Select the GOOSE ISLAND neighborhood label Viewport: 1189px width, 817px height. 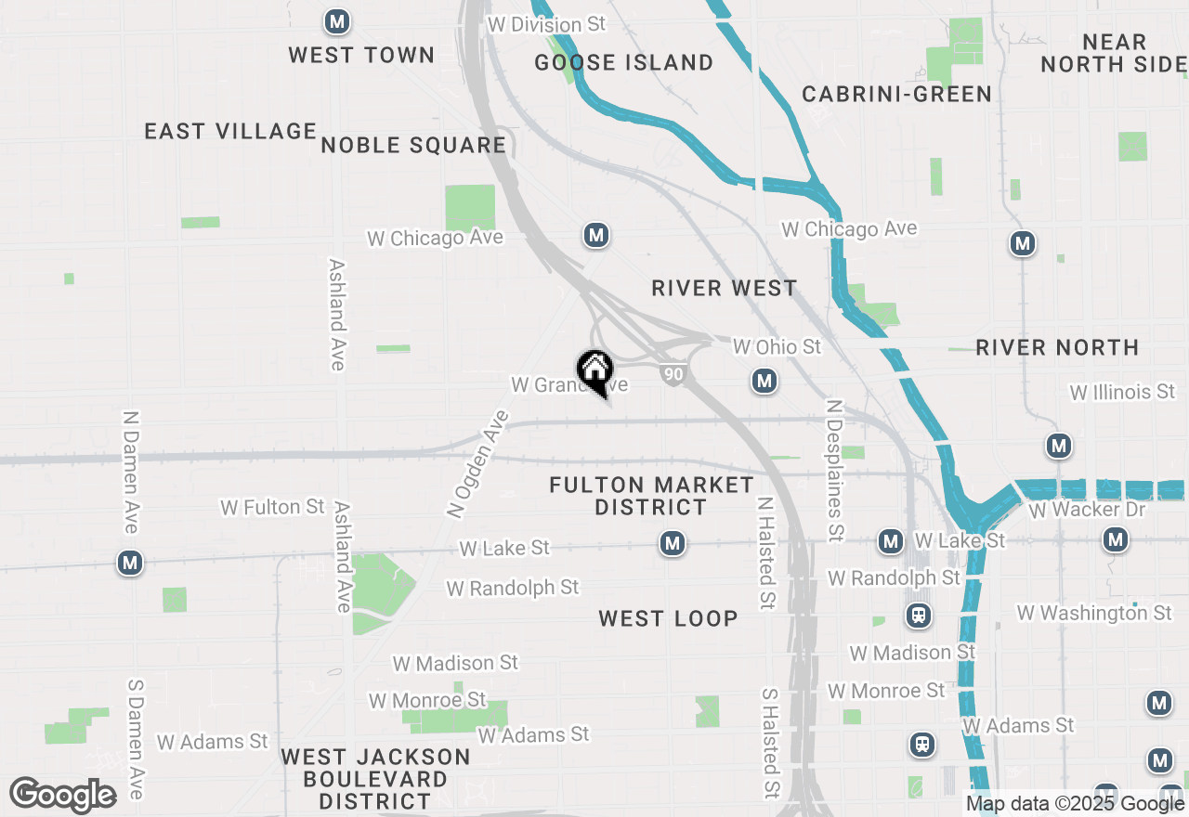624,63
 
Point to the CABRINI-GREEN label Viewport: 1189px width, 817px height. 896,94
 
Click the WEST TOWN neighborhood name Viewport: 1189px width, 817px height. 361,56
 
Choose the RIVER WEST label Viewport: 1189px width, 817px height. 724,289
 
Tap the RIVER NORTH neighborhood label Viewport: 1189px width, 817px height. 1057,348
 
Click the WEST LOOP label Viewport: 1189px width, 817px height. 668,619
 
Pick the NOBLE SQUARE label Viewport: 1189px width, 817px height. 413,146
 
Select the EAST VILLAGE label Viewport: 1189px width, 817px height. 230,132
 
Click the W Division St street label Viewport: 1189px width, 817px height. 546,25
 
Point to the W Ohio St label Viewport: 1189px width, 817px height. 777,346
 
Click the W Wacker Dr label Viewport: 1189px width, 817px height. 1087,510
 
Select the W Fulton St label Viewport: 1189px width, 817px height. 272,507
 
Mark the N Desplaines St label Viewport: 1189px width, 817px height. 834,471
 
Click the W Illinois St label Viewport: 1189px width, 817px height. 1122,393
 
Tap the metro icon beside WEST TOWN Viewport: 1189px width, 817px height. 335,21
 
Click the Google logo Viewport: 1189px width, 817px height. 62,795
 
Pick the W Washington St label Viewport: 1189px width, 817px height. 1094,613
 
